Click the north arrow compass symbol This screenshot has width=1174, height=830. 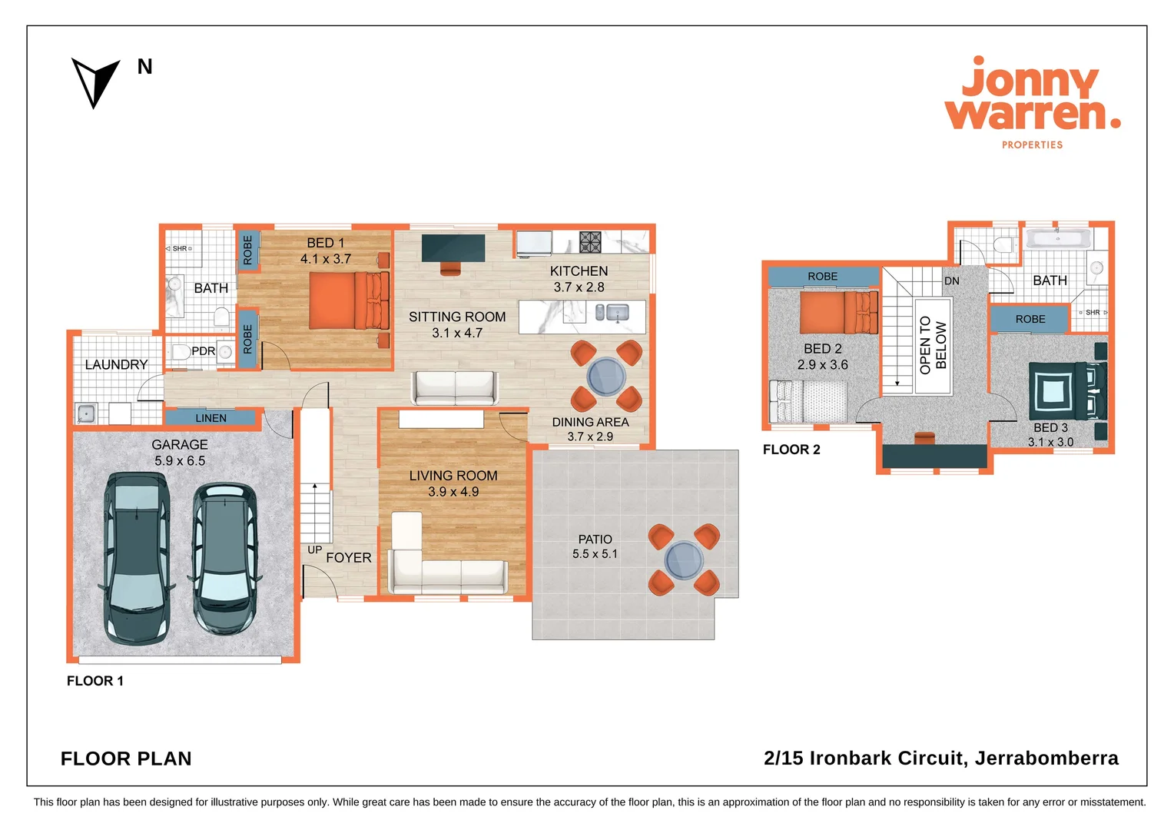coord(95,81)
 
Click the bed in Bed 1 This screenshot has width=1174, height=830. coord(348,300)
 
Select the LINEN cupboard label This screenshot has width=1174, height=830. coord(211,418)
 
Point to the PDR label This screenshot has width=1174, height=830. coord(203,351)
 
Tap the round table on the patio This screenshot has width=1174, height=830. coord(683,559)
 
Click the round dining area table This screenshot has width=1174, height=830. coord(606,377)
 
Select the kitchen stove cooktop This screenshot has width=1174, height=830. coord(590,242)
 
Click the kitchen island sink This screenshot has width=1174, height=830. coord(617,312)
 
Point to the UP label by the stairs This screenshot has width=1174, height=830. coord(314,549)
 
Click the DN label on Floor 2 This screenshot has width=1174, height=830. coord(951,281)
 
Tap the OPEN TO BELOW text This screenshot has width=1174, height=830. coord(933,346)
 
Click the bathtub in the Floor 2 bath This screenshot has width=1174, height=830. coord(1058,237)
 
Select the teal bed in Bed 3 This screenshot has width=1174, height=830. coord(1064,391)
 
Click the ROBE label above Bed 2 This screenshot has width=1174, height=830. coord(822,277)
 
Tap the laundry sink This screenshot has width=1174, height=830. coord(86,413)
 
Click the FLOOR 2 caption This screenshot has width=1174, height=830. coord(791,450)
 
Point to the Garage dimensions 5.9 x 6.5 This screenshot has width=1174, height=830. coord(180,461)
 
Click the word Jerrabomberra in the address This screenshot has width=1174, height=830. coord(1046,759)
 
